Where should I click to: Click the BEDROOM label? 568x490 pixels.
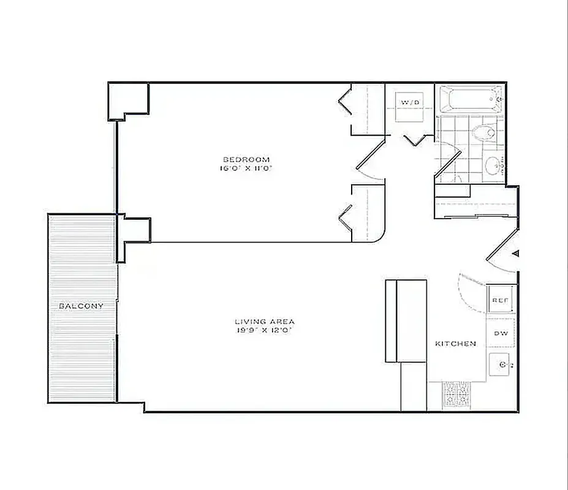click(245, 159)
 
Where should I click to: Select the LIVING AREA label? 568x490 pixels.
click(265, 322)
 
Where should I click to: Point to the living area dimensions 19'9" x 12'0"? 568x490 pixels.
click(265, 331)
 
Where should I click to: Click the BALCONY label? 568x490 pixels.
click(81, 306)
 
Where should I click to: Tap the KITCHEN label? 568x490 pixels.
click(455, 344)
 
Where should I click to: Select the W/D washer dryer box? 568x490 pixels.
click(409, 102)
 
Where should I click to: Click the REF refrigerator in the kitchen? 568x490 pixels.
click(499, 301)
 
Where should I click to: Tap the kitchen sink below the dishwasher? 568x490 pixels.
click(501, 365)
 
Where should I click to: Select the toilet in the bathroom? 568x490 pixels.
click(485, 131)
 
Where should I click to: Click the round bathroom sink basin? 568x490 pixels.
click(494, 164)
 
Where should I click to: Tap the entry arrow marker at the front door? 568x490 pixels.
click(516, 253)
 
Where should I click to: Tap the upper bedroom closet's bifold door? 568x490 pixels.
click(344, 102)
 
